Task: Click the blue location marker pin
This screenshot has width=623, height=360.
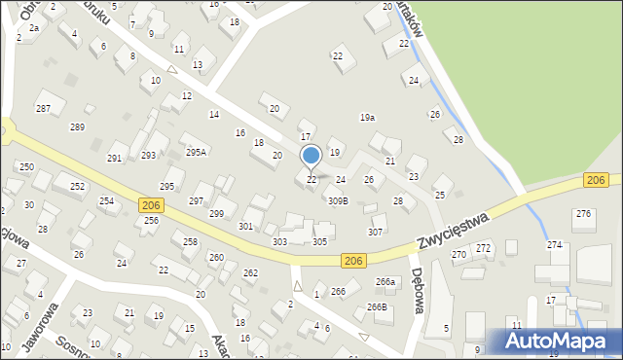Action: point(311,157)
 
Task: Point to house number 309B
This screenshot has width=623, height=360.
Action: point(337,200)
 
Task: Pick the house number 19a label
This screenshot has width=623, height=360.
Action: point(367,117)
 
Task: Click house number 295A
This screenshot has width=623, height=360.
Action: point(197,152)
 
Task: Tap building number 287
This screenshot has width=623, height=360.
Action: point(43,108)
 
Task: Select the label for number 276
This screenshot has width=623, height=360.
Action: point(583,213)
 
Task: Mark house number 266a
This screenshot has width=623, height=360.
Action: point(386,282)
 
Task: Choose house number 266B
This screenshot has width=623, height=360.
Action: point(377,306)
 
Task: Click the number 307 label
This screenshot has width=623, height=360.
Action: point(375,232)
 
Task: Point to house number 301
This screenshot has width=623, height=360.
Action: point(245,226)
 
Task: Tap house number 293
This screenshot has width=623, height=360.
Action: point(148,155)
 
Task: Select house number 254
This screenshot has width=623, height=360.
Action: point(106,200)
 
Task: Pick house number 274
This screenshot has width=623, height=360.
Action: point(554,244)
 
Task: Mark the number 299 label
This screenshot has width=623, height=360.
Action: point(217,214)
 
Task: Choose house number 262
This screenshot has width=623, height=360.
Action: point(250,273)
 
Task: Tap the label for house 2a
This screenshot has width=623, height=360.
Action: point(33,28)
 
